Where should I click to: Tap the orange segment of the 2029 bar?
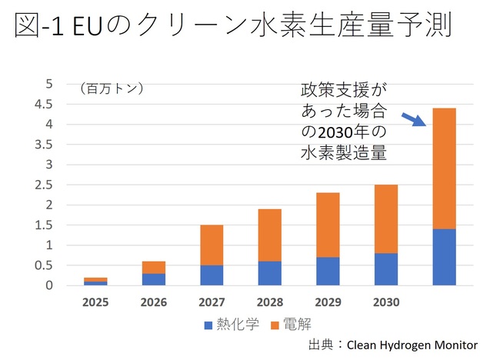(328, 225)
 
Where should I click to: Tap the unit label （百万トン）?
(111, 88)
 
